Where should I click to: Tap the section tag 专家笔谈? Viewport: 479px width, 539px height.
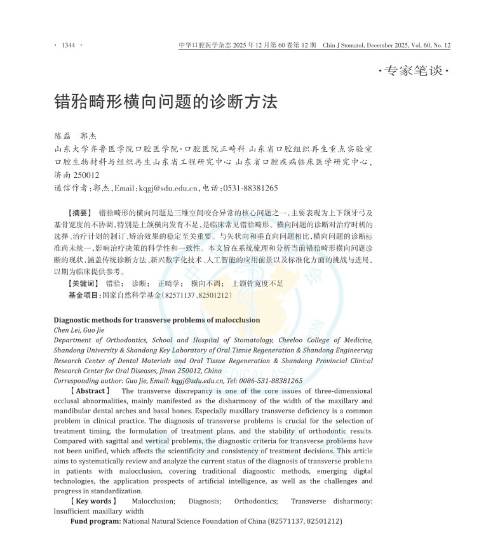point(414,71)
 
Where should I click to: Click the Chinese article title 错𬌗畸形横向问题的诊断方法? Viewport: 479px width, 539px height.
point(166,101)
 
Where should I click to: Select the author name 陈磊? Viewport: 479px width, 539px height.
point(64,136)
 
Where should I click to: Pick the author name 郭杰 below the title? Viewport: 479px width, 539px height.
point(88,136)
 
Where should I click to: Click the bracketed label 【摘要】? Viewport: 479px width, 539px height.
point(80,213)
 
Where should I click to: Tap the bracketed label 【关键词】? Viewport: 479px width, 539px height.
point(83,283)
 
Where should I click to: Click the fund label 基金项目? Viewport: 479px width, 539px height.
point(84,295)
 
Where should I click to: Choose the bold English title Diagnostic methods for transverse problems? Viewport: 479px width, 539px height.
point(156,320)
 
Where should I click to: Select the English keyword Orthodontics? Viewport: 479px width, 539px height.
point(255,501)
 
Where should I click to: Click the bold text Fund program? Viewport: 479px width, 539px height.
point(95,521)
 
